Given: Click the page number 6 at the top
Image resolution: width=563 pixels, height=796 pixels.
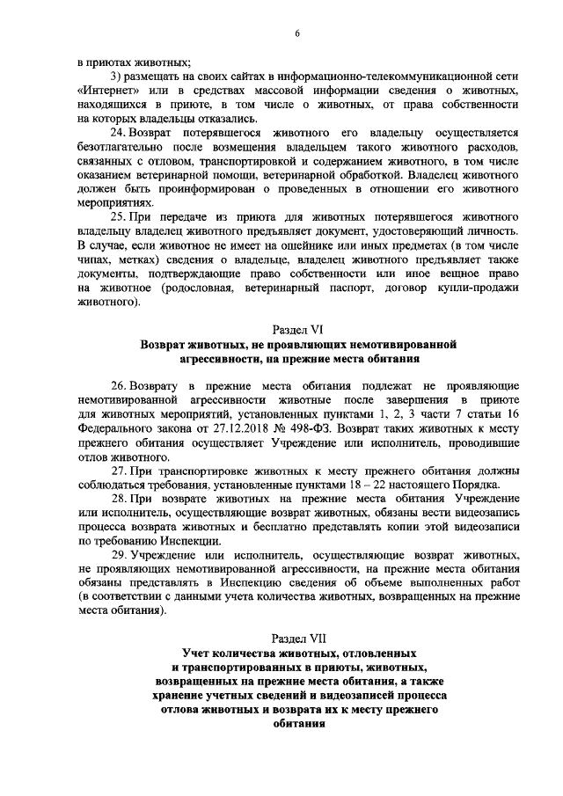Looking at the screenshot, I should [297, 33].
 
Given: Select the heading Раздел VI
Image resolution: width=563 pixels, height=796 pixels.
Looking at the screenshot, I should [297, 330].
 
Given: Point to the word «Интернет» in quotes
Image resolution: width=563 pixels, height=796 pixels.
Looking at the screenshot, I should [110, 91].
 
